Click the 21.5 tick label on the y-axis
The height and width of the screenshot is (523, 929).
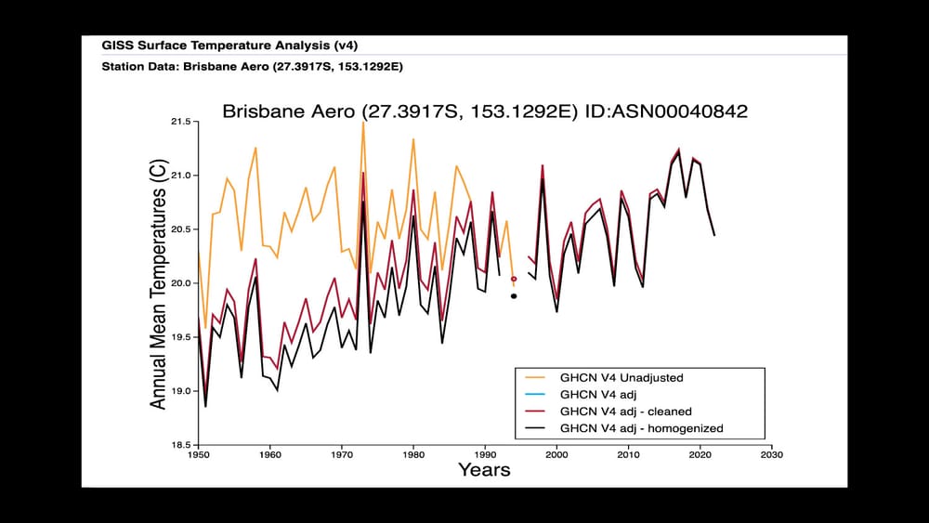tap(180, 122)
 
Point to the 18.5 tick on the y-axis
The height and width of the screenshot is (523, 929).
tap(180, 445)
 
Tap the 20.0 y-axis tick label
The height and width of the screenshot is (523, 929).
tap(180, 283)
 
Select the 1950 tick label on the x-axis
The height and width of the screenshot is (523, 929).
tap(198, 455)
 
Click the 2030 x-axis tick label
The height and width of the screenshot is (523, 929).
tap(771, 455)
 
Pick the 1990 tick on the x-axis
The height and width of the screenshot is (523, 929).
tap(485, 455)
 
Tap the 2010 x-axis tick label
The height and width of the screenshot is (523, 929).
tap(628, 455)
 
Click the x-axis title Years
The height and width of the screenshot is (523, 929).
tap(484, 470)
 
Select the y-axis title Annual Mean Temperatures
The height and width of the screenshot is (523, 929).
tap(159, 285)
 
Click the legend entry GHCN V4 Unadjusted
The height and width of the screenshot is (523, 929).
tap(621, 378)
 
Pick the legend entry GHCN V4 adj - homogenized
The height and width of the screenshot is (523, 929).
tap(641, 428)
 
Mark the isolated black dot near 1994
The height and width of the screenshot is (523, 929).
tap(514, 296)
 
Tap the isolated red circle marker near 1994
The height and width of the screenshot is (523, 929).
tap(514, 279)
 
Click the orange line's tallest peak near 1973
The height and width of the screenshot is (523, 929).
tap(362, 124)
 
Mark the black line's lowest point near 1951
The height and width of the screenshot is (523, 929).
tap(205, 406)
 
